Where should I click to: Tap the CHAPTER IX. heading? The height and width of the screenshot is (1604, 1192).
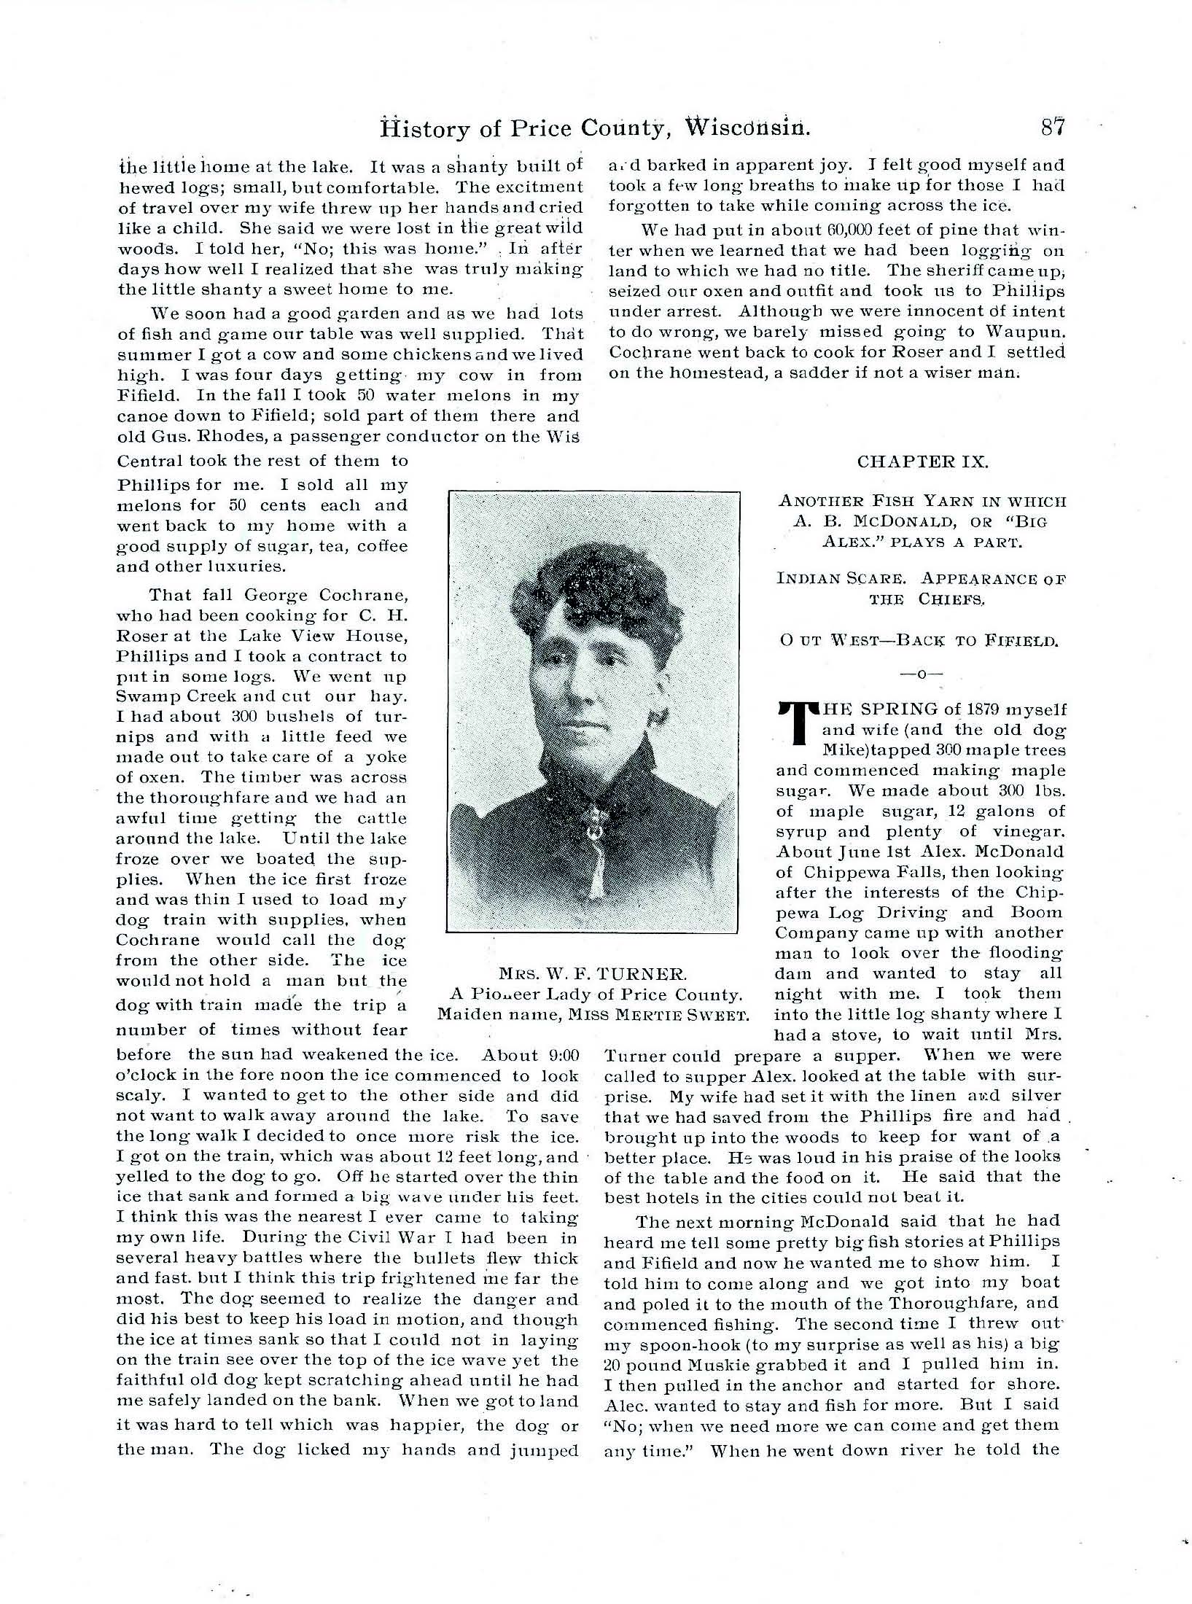922,462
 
